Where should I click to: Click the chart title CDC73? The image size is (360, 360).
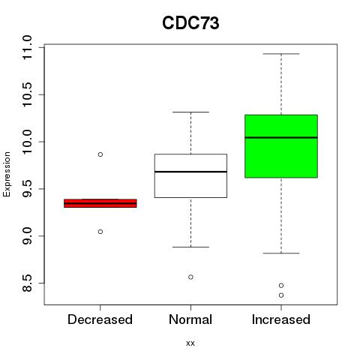point(190,23)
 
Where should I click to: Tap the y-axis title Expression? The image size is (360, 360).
point(7,174)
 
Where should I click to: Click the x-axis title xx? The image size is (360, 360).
point(190,343)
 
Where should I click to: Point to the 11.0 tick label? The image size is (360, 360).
point(27,47)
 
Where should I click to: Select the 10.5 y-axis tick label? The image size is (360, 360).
point(27,94)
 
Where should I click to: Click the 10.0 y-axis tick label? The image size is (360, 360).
point(27,142)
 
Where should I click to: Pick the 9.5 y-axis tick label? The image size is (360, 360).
point(27,189)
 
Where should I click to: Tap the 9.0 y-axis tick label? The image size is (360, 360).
point(27,236)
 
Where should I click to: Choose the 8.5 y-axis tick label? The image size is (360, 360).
point(27,283)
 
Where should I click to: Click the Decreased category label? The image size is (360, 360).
point(100,319)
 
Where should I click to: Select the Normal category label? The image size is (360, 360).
point(190,319)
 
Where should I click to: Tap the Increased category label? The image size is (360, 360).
point(281,319)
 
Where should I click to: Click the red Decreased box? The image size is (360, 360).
point(100,203)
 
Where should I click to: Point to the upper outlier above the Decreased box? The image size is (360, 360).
point(100,154)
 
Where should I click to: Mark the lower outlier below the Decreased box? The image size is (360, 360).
point(100,232)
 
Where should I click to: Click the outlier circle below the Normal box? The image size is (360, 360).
point(190,277)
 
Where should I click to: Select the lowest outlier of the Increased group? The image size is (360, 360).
point(281,295)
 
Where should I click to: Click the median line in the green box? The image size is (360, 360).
point(281,137)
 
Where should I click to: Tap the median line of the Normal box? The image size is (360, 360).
point(190,172)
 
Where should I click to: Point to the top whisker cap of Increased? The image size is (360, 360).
point(281,54)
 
